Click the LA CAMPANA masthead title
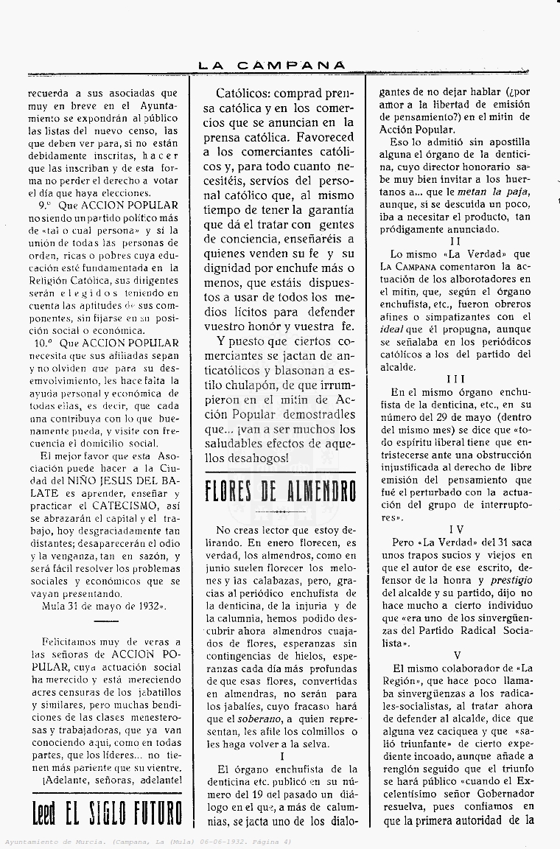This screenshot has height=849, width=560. [272, 65]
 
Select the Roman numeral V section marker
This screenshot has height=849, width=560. [458, 654]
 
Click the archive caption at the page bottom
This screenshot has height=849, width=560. [148, 842]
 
